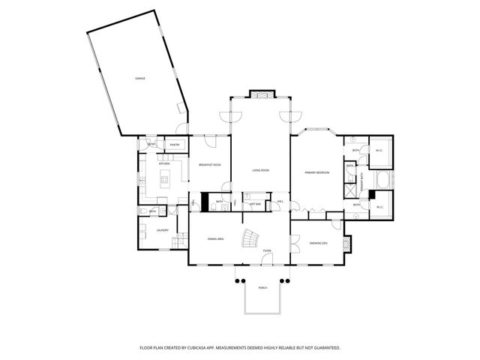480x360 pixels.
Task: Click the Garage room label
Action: tap(139, 78)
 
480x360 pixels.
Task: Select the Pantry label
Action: tap(174, 145)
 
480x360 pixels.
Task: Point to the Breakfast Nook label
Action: tap(209, 164)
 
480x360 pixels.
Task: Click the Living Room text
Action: tap(260, 171)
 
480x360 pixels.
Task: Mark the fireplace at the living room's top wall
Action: tap(260, 95)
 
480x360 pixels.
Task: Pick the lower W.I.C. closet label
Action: tap(379, 208)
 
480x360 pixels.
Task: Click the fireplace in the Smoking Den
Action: tap(346, 244)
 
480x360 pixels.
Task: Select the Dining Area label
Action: tap(216, 238)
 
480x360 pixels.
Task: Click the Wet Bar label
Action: tap(255, 203)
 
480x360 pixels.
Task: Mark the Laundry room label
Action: tap(162, 231)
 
